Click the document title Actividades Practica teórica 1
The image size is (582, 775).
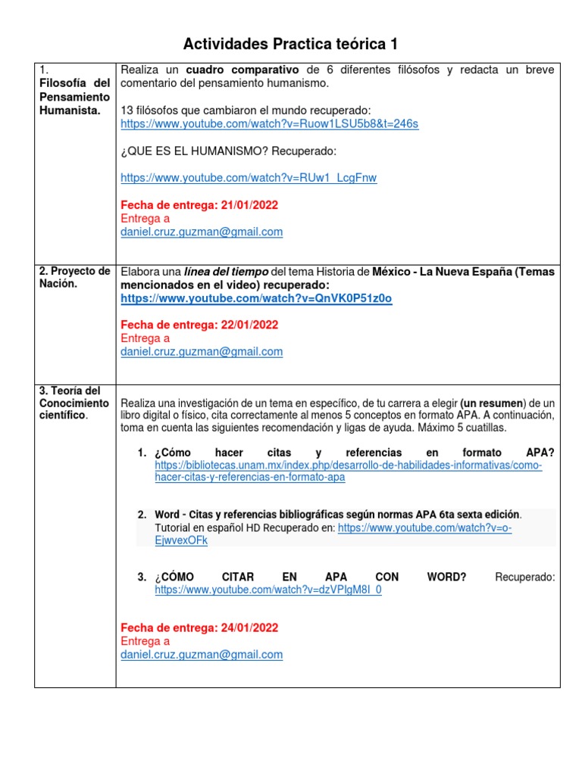click(x=290, y=44)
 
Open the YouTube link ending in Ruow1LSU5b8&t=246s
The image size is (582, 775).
click(x=269, y=124)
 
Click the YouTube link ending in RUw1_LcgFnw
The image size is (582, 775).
click(x=249, y=178)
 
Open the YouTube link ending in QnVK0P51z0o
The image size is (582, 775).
click(x=256, y=298)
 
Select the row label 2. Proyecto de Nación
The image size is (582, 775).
click(x=74, y=278)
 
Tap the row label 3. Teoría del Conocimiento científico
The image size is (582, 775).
click(x=74, y=403)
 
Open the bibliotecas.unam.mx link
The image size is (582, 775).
click(x=348, y=472)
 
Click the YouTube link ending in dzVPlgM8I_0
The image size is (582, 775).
click(x=268, y=590)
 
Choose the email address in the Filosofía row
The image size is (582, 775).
click(x=202, y=232)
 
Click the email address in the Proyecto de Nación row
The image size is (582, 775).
click(x=202, y=352)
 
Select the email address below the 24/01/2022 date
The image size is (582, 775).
click(x=202, y=655)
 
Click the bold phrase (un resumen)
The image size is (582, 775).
click(x=492, y=402)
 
